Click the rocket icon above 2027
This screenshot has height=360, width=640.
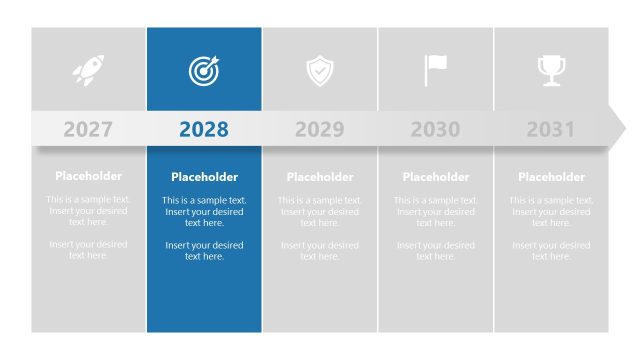pyautogui.click(x=88, y=70)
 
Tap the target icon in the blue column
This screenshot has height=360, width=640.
pyautogui.click(x=204, y=70)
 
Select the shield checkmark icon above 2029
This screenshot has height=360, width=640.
pyautogui.click(x=320, y=71)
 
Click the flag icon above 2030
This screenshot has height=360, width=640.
pyautogui.click(x=435, y=70)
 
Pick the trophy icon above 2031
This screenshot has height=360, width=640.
pyautogui.click(x=551, y=70)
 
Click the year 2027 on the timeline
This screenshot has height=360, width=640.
pyautogui.click(x=88, y=129)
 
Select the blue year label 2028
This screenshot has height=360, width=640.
pyautogui.click(x=204, y=129)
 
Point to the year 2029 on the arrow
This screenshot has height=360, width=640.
pyautogui.click(x=320, y=129)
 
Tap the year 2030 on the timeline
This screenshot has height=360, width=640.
pyautogui.click(x=435, y=129)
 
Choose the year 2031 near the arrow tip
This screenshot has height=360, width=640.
pyautogui.click(x=551, y=129)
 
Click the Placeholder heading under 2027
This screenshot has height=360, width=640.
pyautogui.click(x=88, y=177)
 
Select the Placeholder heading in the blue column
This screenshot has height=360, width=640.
pyautogui.click(x=204, y=177)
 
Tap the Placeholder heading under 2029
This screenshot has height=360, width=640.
pyautogui.click(x=320, y=177)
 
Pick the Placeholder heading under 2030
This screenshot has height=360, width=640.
pyautogui.click(x=435, y=177)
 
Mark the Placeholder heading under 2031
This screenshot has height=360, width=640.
pyautogui.click(x=551, y=177)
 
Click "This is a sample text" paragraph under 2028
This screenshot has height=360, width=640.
pyautogui.click(x=204, y=212)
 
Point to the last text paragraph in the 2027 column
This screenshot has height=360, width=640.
pyautogui.click(x=88, y=250)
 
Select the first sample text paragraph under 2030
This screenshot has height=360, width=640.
pyautogui.click(x=435, y=212)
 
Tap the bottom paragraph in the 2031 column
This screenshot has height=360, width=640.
pyautogui.click(x=551, y=250)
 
